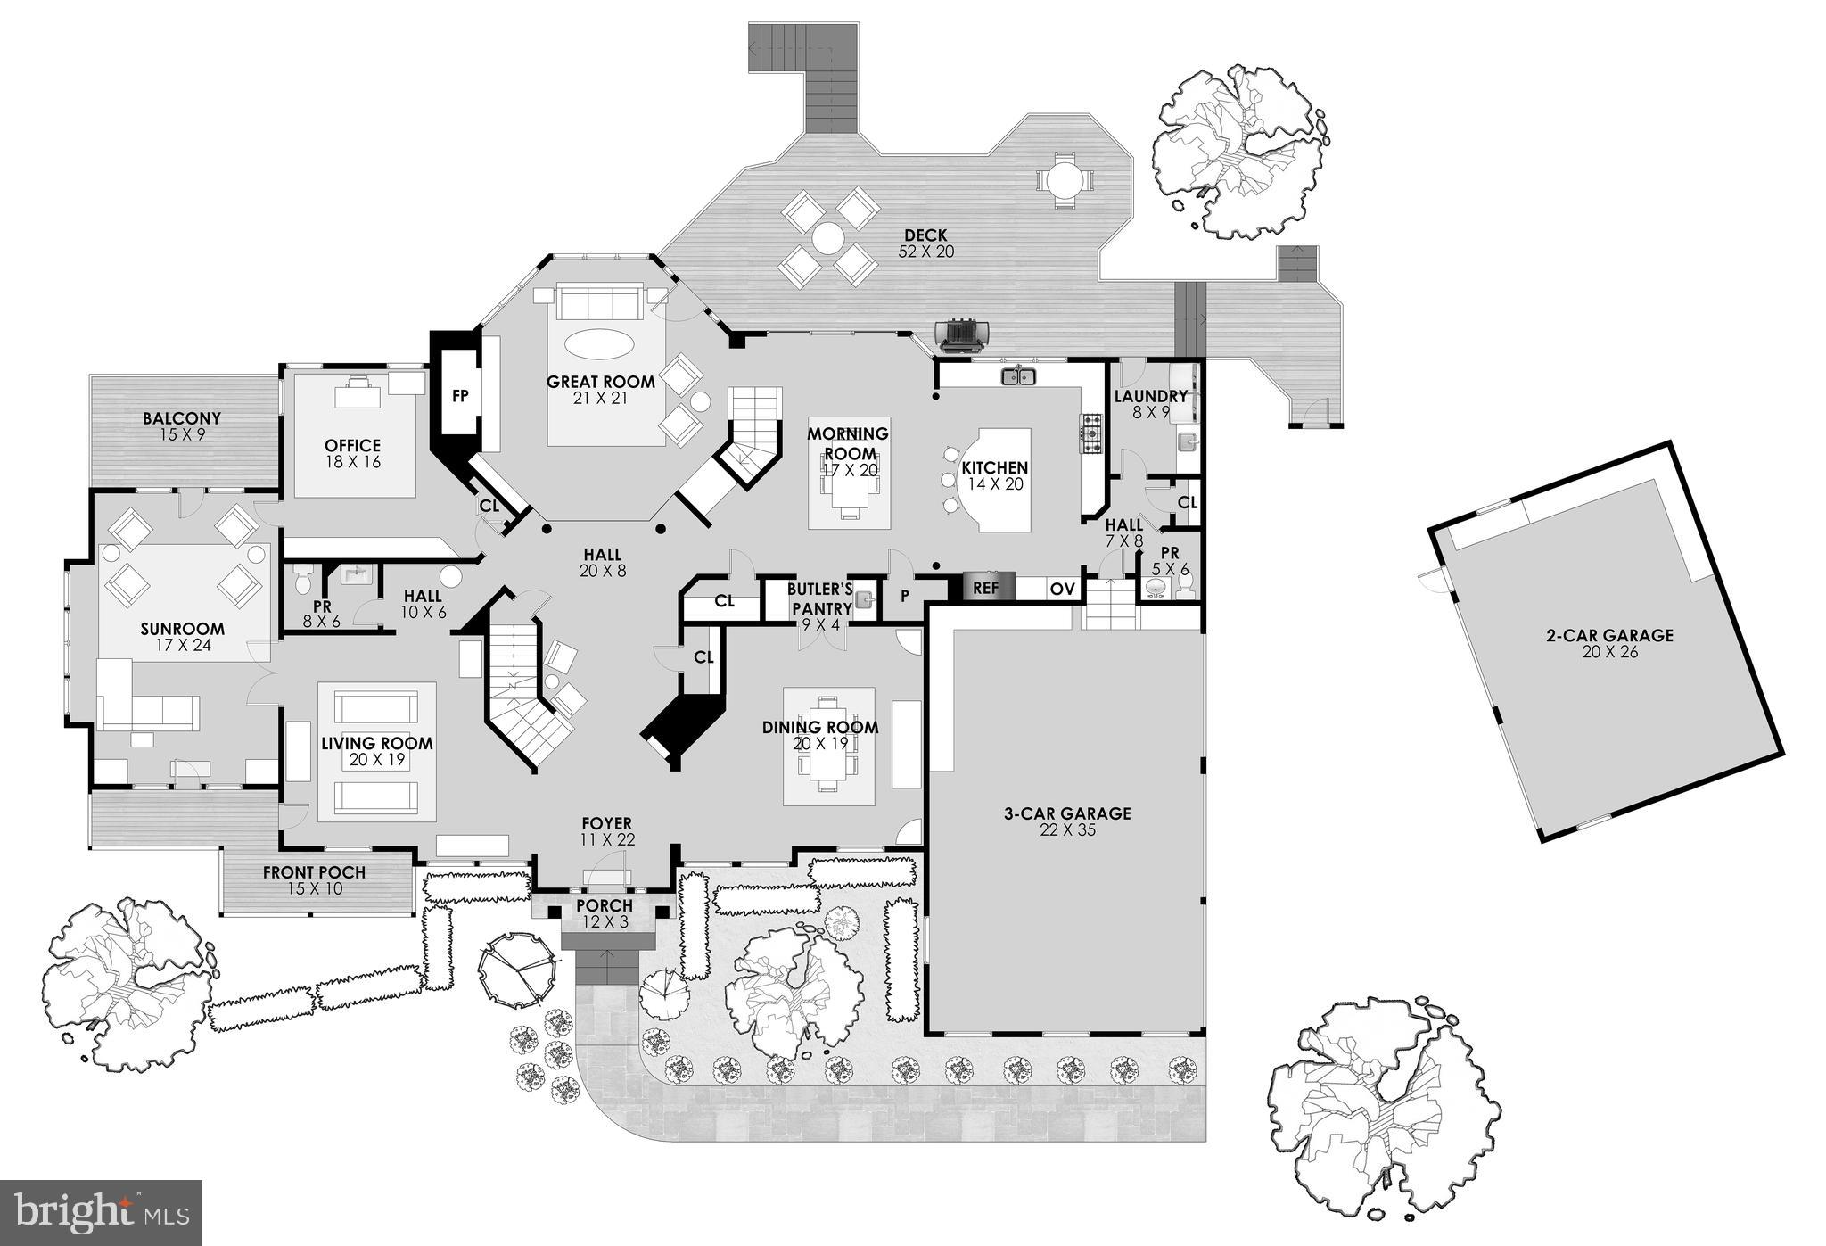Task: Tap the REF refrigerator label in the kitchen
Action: click(985, 588)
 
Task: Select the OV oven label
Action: click(1061, 589)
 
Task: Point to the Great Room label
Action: click(600, 383)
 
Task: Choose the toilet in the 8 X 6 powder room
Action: click(303, 582)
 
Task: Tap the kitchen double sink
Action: click(1018, 376)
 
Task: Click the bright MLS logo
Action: click(101, 1212)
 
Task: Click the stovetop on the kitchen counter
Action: click(1091, 432)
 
